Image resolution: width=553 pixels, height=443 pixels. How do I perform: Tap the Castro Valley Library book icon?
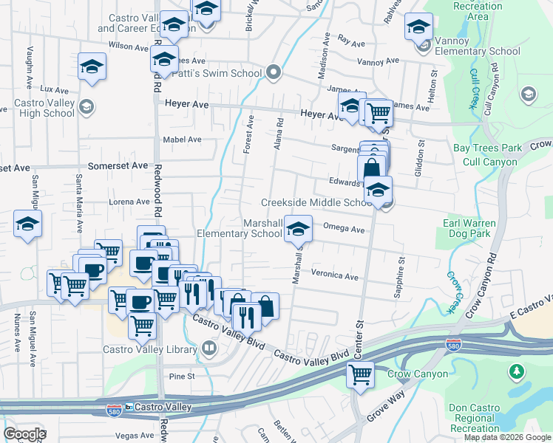(209, 347)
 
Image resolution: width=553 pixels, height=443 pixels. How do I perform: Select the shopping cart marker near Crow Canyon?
(360, 375)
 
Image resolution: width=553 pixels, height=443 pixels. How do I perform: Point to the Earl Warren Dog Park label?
(478, 229)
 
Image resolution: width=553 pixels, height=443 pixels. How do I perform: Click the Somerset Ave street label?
(118, 166)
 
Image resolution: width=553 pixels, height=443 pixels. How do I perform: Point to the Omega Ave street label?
(345, 230)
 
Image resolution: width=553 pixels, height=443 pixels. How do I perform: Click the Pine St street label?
(181, 376)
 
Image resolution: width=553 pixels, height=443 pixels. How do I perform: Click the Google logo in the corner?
(24, 434)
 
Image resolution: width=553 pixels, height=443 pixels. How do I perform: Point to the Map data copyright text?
(507, 437)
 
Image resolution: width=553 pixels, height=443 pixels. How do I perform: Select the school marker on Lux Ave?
(92, 66)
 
